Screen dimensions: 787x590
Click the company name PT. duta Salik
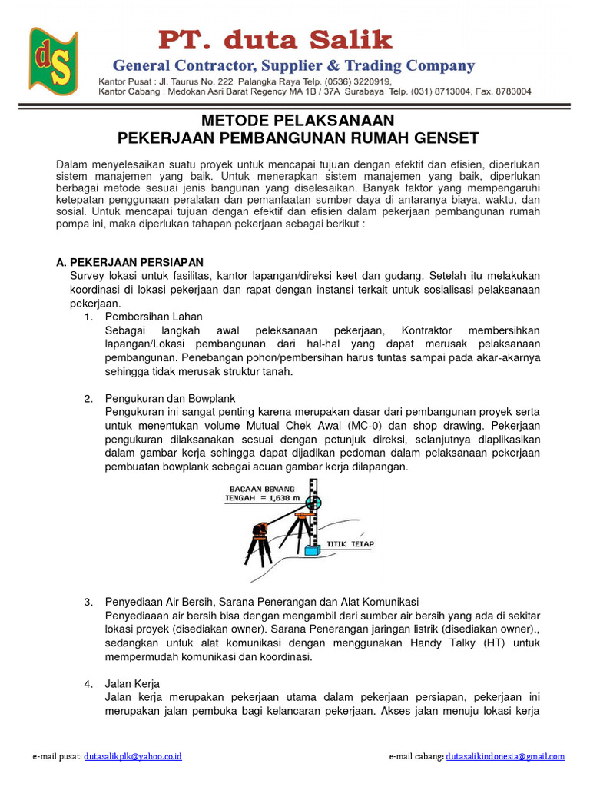(275, 40)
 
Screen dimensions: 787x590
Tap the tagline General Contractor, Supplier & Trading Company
(293, 65)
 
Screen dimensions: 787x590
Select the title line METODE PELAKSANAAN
(297, 121)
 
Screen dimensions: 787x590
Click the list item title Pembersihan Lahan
(154, 317)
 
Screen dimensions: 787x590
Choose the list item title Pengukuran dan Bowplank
(170, 398)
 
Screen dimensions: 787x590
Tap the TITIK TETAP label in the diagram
(351, 544)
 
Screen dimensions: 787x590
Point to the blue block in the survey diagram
(312, 551)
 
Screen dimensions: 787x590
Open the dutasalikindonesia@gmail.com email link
(505, 756)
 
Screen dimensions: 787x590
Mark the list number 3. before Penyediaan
(88, 601)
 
